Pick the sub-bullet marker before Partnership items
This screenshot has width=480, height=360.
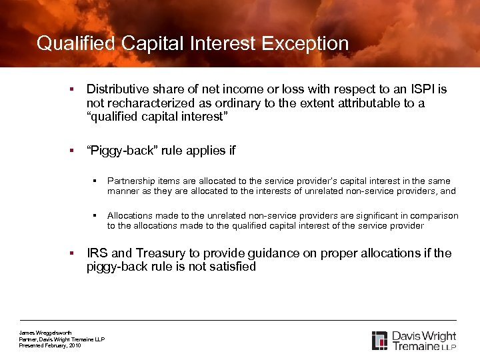click(97, 181)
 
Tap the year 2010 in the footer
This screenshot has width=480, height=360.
click(75, 345)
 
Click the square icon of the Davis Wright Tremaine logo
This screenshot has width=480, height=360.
click(379, 340)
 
